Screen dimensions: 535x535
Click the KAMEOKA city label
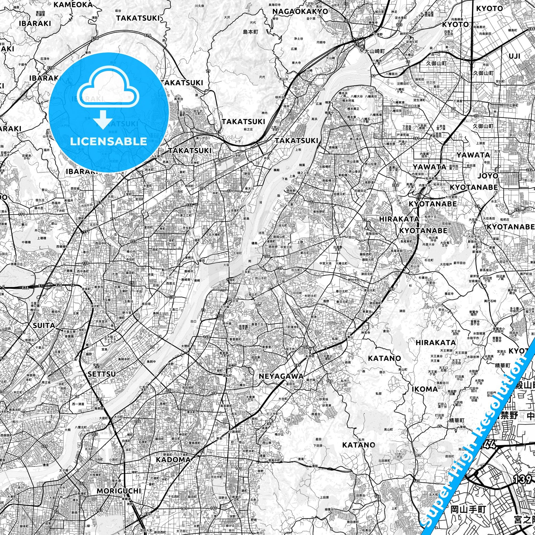click(x=73, y=4)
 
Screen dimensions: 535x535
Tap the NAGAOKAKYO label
click(x=300, y=11)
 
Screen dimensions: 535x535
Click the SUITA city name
click(x=44, y=326)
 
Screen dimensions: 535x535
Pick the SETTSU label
click(x=102, y=374)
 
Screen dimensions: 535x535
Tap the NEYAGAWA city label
click(x=281, y=376)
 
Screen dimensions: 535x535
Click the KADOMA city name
click(x=174, y=459)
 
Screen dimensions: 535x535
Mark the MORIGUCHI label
click(x=119, y=483)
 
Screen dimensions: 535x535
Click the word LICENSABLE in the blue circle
click(x=109, y=141)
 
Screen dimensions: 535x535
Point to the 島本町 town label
click(x=250, y=32)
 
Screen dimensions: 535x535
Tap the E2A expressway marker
click(x=26, y=288)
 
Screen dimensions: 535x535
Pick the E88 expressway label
click(x=531, y=29)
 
